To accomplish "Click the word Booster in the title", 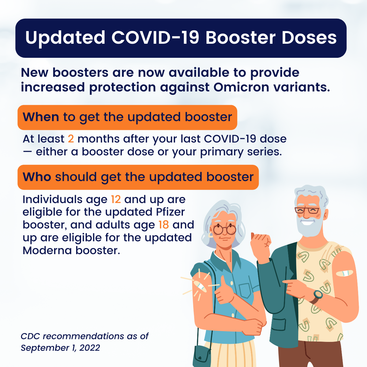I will [240, 38].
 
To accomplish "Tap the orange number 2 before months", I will [71, 139].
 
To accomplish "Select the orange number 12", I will [116, 199].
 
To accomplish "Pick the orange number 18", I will [164, 225].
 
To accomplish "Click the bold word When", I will [41, 117].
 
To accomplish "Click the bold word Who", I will [37, 177].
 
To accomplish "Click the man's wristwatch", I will [318, 295].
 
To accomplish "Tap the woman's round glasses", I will [224, 229].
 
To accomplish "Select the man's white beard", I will [309, 226].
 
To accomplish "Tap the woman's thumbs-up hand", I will [225, 294].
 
